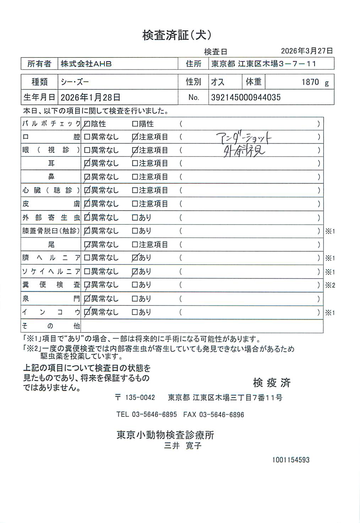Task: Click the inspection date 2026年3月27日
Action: [307, 51]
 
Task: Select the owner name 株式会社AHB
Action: [86, 64]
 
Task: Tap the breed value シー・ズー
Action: [75, 82]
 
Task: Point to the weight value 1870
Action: [310, 82]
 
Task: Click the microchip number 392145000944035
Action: [246, 97]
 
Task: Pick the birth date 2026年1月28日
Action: [91, 97]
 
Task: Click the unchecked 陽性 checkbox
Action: [135, 124]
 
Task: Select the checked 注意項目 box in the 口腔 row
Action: [135, 137]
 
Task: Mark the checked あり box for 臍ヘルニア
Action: [135, 258]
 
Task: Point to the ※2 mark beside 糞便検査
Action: [330, 285]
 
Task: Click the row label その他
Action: [51, 326]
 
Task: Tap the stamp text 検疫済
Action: [272, 382]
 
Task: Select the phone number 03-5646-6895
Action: [154, 414]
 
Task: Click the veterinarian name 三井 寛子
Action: [183, 446]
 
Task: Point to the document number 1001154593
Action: [291, 460]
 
